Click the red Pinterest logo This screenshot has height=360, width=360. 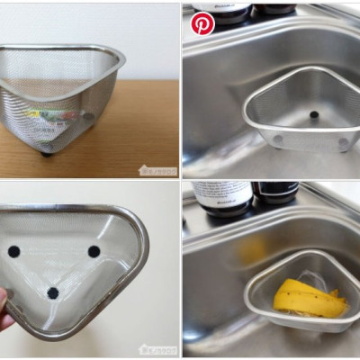click(202, 23)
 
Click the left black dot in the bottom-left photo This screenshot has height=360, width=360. click(14, 252)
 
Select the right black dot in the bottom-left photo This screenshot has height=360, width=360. click(94, 251)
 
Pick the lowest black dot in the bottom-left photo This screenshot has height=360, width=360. click(52, 292)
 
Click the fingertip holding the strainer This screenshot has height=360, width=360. click(6, 317)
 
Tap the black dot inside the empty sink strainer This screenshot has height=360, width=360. click(314, 115)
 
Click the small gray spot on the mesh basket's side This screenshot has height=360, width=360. click(88, 116)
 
